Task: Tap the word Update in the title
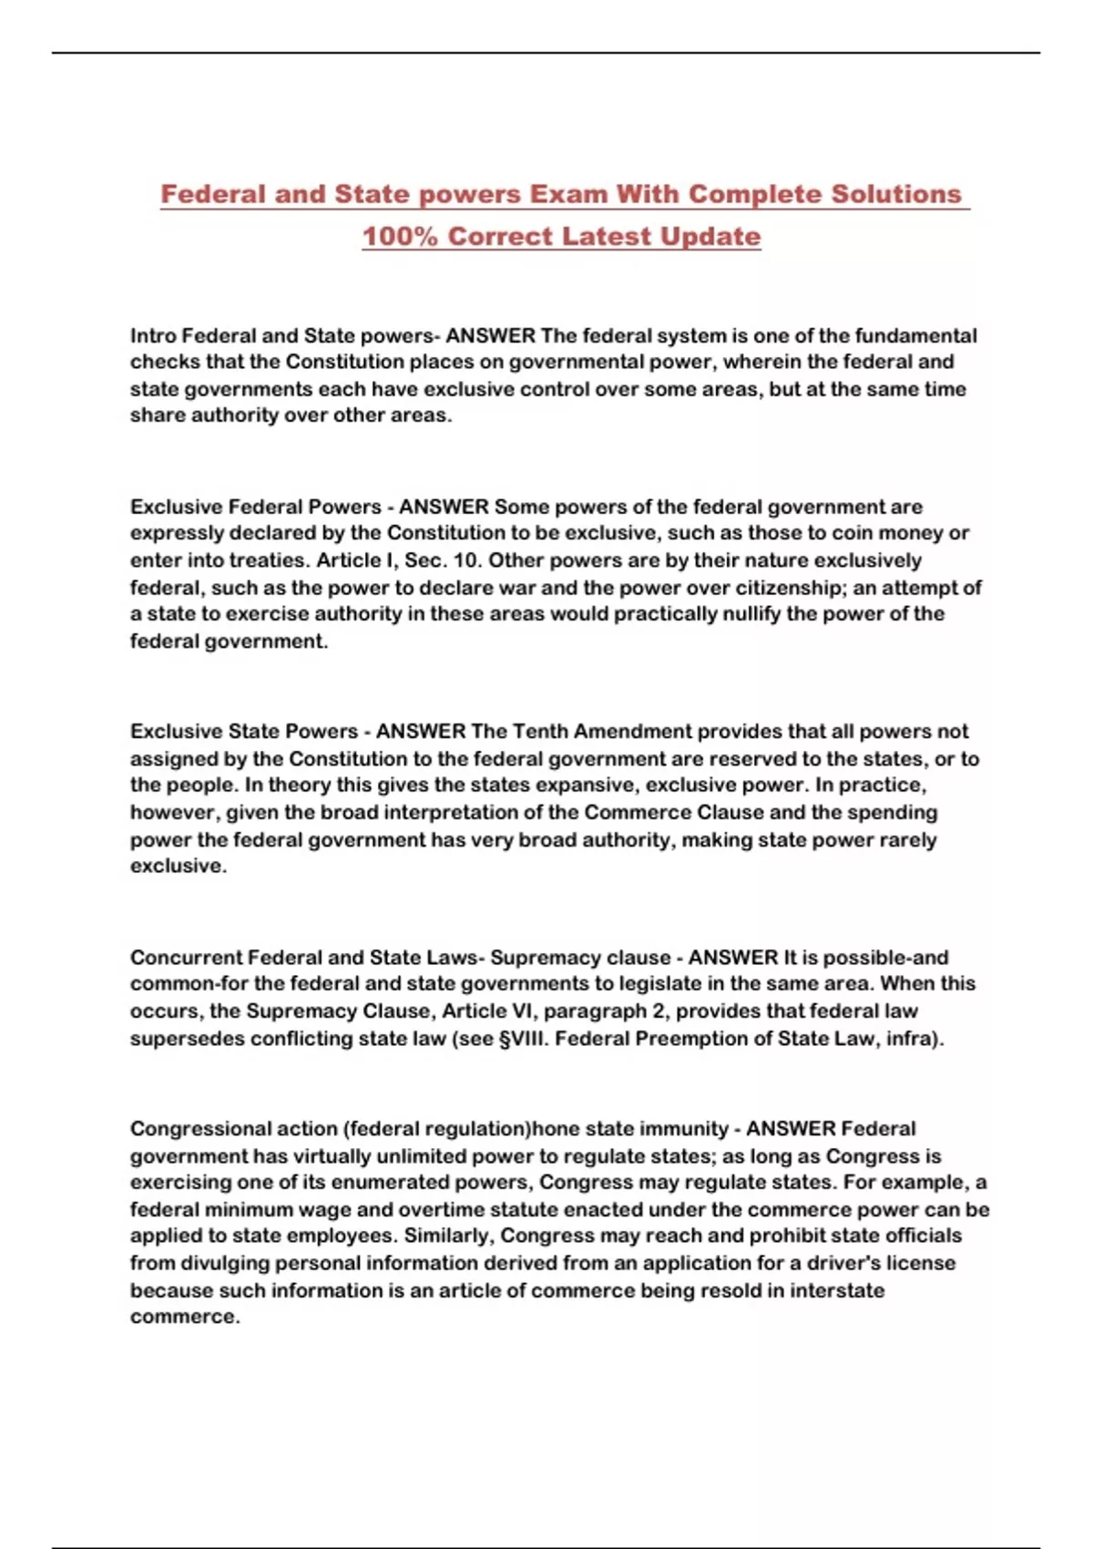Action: [x=710, y=236]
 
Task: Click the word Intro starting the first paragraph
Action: [x=153, y=335]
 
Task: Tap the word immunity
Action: [x=683, y=1128]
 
